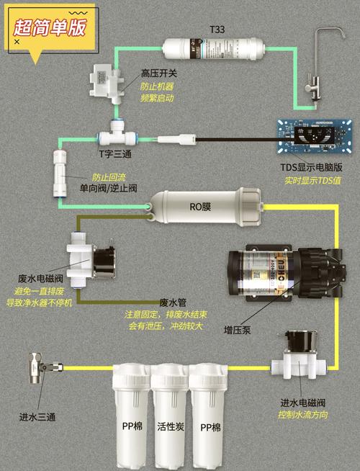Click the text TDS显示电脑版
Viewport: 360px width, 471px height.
310,168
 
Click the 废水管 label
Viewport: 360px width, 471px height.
173,303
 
